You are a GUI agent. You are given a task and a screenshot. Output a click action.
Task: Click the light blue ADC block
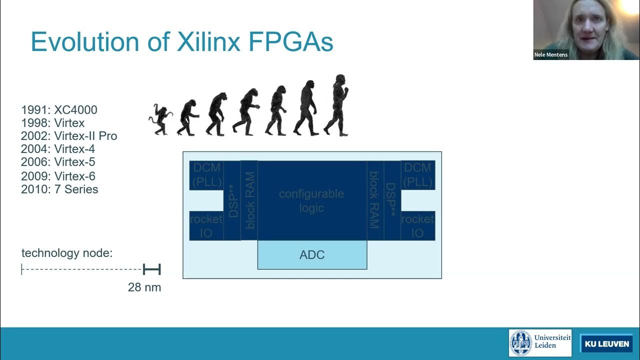pos(312,255)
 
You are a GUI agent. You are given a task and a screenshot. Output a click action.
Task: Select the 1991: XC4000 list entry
pos(59,110)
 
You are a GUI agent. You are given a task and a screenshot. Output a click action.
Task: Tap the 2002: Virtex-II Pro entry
pos(69,136)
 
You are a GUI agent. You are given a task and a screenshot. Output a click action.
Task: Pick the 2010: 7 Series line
pos(59,189)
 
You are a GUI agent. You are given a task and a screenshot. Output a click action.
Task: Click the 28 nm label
pos(144,287)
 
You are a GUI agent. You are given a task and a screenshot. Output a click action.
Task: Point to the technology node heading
pos(67,253)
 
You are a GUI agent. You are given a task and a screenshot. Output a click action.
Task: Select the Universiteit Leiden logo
pos(540,343)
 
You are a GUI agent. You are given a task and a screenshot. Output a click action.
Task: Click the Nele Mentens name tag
pos(551,55)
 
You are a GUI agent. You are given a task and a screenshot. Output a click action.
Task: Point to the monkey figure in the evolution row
pos(160,119)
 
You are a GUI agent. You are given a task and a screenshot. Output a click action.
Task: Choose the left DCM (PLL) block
pos(207,174)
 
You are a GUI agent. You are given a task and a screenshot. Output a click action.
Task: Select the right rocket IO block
pos(417,225)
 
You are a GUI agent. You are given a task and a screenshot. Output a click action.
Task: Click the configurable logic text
pos(311,200)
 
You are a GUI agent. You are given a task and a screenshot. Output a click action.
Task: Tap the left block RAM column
pos(249,200)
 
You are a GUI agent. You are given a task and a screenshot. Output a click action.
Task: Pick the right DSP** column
pos(391,200)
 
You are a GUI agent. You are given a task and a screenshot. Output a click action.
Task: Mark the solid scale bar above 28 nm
pos(151,270)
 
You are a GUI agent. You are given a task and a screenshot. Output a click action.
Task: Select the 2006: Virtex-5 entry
pos(58,162)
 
